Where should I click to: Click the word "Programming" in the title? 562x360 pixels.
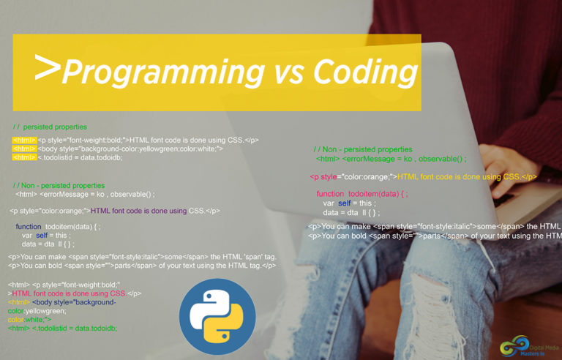pos(162,72)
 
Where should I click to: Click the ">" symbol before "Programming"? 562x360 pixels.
pos(47,68)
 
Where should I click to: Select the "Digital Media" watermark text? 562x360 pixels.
pos(541,342)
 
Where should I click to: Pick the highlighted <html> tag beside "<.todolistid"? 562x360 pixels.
pos(24,157)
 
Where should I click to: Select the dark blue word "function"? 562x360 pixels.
pos(29,227)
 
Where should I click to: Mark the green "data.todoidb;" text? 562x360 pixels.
pos(95,328)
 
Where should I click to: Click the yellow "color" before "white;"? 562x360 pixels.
pos(17,320)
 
